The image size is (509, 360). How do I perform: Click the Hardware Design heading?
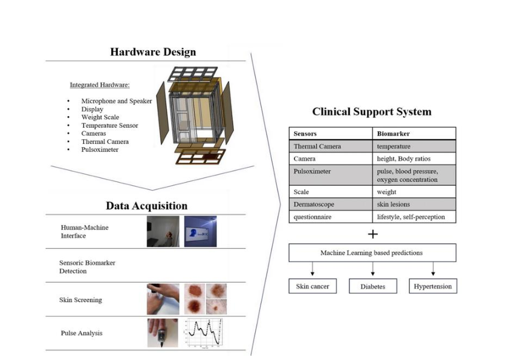[x=152, y=52]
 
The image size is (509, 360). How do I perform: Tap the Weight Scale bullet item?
[x=100, y=117]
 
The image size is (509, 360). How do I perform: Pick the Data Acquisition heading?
[x=146, y=206]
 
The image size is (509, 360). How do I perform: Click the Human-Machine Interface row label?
[x=81, y=232]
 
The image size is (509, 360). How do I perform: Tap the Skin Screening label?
[x=81, y=300]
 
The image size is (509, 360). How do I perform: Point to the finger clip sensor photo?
[x=163, y=333]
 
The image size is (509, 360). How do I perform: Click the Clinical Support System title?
[x=371, y=112]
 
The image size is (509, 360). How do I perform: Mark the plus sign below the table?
[x=372, y=234]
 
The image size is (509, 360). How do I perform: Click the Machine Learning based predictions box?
[x=372, y=253]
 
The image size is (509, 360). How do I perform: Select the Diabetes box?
[x=372, y=287]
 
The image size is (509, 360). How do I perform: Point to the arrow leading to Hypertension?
[x=432, y=269]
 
